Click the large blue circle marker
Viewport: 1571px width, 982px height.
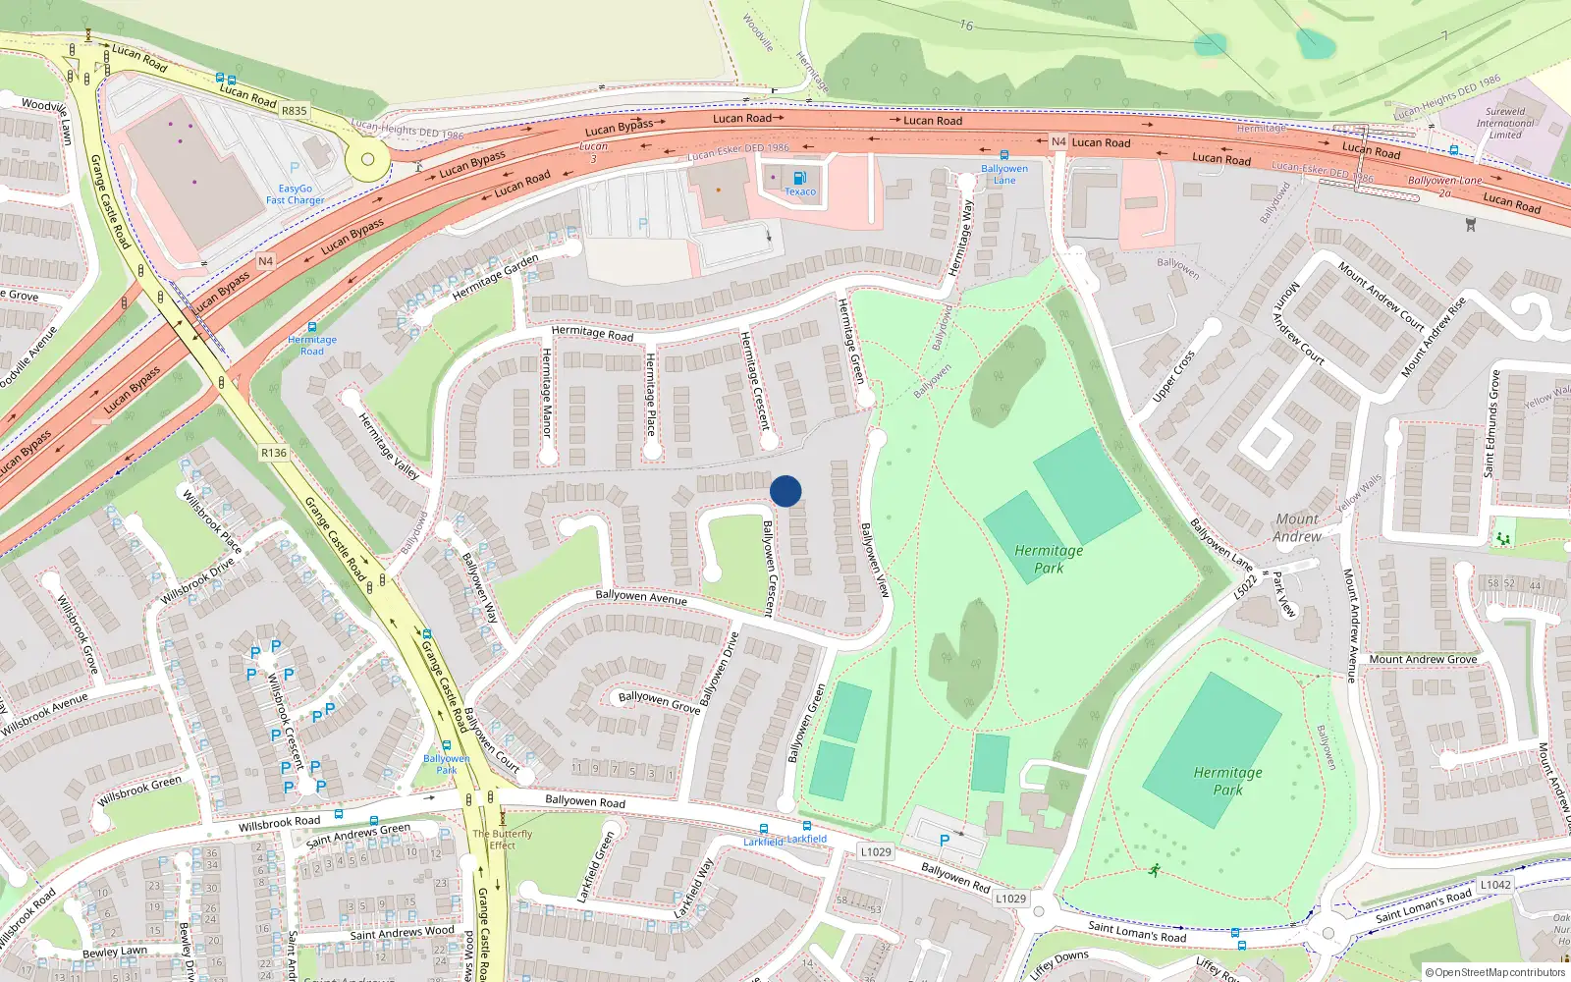(785, 491)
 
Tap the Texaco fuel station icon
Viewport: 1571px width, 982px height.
(799, 178)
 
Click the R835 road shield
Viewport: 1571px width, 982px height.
(294, 111)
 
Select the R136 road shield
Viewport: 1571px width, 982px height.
(274, 453)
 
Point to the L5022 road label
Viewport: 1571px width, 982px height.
(1244, 586)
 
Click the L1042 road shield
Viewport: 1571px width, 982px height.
(1495, 885)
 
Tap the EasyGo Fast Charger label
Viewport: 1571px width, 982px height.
(295, 194)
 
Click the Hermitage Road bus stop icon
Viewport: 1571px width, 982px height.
(312, 327)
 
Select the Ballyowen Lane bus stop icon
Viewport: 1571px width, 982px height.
(1003, 155)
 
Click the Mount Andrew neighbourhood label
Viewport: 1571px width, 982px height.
(1297, 527)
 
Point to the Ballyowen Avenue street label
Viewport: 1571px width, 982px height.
(641, 596)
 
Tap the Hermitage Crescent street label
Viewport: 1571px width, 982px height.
(754, 380)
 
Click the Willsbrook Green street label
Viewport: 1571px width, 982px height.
(138, 790)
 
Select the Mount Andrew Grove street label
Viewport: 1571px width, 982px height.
(1422, 659)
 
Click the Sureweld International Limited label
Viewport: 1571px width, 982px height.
(1504, 123)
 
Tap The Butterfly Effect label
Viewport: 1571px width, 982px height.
(502, 840)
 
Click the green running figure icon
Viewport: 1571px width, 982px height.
(1155, 869)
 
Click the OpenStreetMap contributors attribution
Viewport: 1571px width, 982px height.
(1494, 972)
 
